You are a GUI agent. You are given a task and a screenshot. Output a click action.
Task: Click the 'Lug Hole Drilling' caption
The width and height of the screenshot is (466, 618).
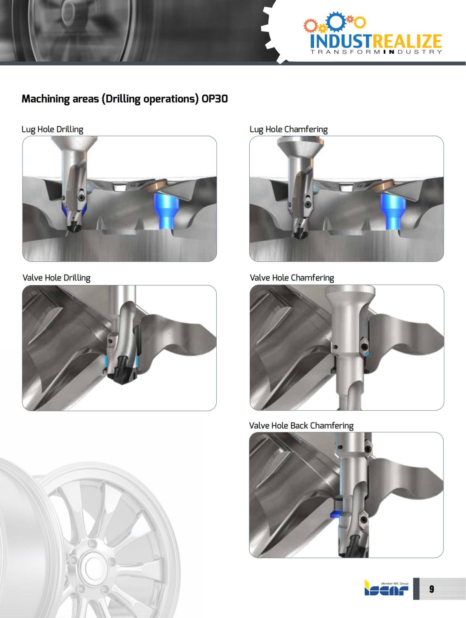click(52, 129)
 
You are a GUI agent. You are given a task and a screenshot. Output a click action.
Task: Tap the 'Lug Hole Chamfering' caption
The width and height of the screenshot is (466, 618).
click(289, 129)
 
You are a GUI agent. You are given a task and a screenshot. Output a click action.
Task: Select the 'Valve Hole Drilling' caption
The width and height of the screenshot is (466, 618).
click(56, 278)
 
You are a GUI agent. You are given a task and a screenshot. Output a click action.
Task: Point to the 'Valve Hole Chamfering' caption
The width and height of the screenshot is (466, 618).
click(292, 278)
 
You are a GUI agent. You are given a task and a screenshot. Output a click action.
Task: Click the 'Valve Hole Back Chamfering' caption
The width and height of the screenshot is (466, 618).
click(301, 425)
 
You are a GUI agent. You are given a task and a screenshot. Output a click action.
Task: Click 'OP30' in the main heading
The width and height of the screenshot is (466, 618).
click(214, 99)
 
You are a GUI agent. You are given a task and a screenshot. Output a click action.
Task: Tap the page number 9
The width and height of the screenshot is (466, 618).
click(431, 589)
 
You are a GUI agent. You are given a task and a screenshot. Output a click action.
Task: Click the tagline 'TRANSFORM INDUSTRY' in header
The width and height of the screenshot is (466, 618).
click(376, 52)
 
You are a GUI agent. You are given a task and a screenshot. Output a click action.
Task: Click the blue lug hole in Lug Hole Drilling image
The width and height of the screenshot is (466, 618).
click(166, 212)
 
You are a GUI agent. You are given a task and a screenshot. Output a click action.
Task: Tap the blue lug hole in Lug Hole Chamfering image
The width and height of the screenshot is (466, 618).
click(393, 212)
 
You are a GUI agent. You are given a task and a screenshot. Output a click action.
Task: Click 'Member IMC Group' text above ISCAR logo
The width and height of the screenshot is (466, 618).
click(395, 583)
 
